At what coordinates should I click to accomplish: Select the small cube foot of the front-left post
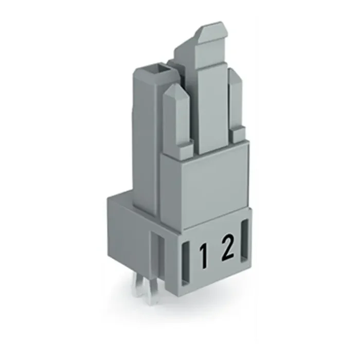pyautogui.click(x=186, y=150)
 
